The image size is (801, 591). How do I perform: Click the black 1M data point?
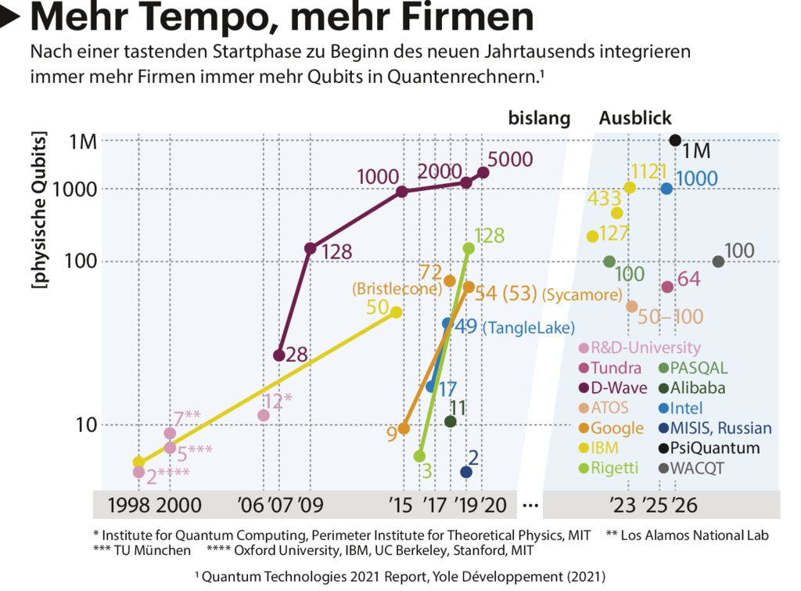pyautogui.click(x=675, y=140)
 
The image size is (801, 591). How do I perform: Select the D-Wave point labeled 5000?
pyautogui.click(x=483, y=172)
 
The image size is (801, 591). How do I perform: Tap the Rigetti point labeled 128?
pyautogui.click(x=469, y=248)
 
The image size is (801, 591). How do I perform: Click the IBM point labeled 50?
pyautogui.click(x=396, y=312)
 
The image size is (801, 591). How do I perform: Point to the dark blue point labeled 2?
pyautogui.click(x=466, y=471)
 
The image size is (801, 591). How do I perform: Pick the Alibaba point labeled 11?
pyautogui.click(x=450, y=421)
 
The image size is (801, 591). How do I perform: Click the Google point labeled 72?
pyautogui.click(x=450, y=280)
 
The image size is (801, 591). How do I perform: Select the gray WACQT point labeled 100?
pyautogui.click(x=718, y=261)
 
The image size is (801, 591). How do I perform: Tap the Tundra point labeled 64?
pyautogui.click(x=667, y=286)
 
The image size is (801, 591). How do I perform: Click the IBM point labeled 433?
pyautogui.click(x=616, y=213)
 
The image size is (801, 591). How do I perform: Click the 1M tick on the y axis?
pyautogui.click(x=82, y=142)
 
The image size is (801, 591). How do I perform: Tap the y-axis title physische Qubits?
pyautogui.click(x=37, y=211)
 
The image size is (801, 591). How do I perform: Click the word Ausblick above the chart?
pyautogui.click(x=635, y=119)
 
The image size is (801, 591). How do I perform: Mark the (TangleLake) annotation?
pyautogui.click(x=528, y=327)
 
